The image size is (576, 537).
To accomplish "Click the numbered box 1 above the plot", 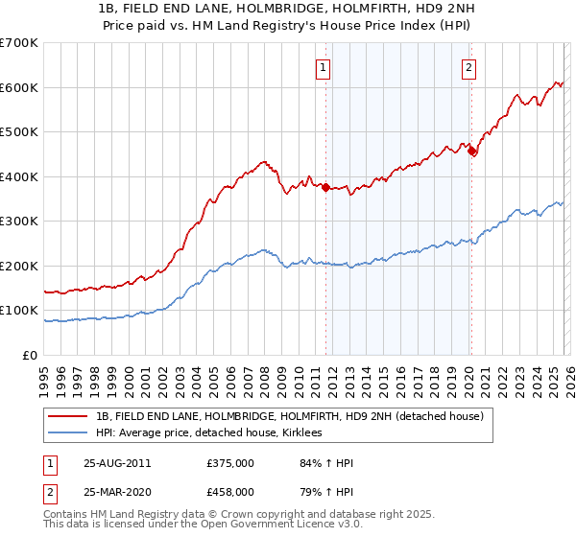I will (324, 67).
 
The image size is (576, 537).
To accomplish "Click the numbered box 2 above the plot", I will (468, 67).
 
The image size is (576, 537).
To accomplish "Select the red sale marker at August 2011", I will (325, 188).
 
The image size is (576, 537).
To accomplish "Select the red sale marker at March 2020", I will (471, 151).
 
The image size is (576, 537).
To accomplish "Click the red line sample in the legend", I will (68, 415).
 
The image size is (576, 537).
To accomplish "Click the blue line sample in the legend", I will (68, 432).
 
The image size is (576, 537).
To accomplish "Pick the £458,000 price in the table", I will (229, 492).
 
